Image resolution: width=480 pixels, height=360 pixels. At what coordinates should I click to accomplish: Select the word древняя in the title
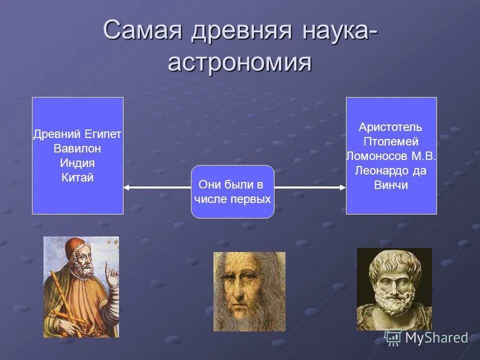tap(240, 31)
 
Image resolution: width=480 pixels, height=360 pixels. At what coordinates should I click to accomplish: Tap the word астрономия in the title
tap(239, 63)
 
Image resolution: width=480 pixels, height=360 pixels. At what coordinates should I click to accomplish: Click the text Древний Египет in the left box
tap(77, 134)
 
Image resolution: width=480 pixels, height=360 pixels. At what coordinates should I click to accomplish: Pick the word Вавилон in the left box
tap(77, 148)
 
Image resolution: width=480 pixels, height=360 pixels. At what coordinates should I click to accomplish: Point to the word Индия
tap(77, 163)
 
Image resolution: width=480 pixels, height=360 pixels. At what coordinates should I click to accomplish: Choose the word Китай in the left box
tap(77, 177)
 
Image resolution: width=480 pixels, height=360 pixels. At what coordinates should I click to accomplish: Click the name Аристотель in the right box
tap(390, 127)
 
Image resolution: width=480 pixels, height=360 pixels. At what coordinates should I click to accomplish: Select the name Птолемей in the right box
tap(390, 141)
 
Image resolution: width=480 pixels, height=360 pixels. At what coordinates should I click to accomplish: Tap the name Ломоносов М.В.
tap(390, 156)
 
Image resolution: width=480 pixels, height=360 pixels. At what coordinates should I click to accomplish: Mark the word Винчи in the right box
tap(390, 185)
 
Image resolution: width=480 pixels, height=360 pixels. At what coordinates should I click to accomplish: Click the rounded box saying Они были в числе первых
tap(232, 192)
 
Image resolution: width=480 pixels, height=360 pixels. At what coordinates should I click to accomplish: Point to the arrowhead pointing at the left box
tap(126, 187)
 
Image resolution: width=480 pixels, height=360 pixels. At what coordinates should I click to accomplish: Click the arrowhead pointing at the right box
tap(342, 187)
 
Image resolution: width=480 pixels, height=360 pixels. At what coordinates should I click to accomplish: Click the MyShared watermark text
tap(436, 338)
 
